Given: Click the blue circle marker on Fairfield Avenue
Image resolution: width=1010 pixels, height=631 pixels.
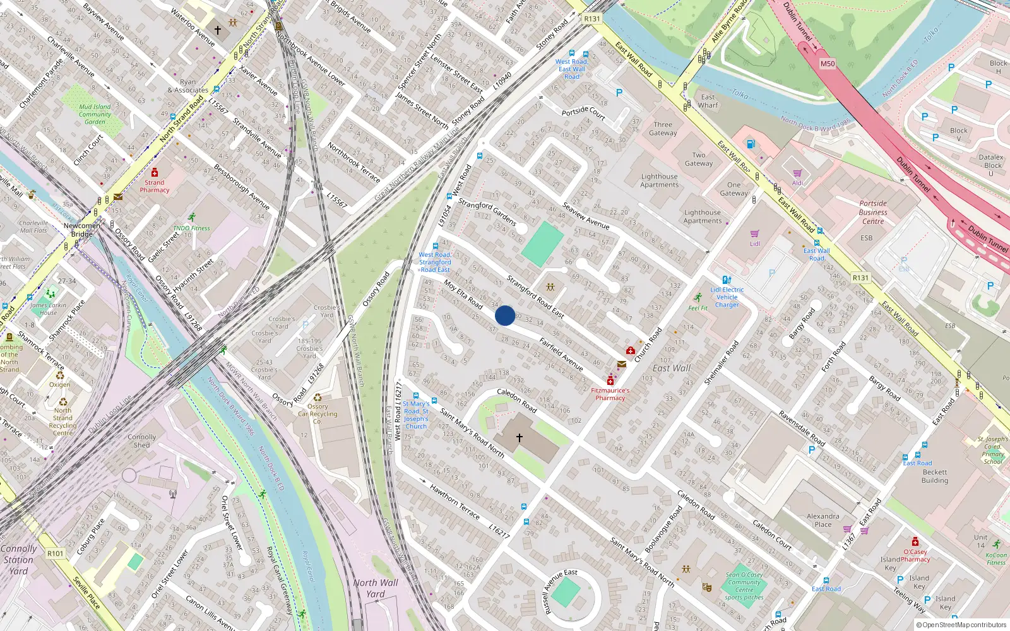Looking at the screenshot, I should click(x=504, y=315).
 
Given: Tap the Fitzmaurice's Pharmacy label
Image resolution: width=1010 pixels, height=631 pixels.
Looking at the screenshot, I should click(x=610, y=394).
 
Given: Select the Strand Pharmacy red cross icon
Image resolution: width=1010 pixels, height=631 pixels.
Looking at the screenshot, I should click(x=155, y=173).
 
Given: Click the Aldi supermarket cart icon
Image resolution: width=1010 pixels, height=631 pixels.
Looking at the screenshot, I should click(x=797, y=173).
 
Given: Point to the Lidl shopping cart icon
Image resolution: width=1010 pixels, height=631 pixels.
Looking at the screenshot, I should click(x=754, y=233).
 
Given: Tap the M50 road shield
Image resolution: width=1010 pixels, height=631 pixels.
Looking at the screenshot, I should click(x=827, y=64).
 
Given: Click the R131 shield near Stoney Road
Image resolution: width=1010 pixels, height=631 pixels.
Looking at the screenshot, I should click(x=591, y=19).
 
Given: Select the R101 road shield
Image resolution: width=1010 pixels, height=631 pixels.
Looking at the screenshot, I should click(x=56, y=553).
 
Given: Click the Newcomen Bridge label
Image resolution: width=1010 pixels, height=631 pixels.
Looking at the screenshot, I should click(x=81, y=230).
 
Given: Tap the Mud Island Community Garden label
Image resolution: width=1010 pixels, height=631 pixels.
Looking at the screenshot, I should click(x=95, y=114).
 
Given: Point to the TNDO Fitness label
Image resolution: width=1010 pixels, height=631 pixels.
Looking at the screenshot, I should click(x=191, y=228).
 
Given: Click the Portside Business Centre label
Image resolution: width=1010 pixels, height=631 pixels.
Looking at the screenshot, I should click(x=873, y=212).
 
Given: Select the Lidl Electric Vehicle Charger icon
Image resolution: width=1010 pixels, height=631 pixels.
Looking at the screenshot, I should click(x=727, y=280).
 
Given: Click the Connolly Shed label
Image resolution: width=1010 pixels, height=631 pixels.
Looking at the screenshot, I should click(x=141, y=440).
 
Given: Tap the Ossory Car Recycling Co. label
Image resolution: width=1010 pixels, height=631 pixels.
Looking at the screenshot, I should click(x=318, y=414).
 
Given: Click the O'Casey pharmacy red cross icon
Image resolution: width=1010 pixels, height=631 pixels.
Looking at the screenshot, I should click(x=915, y=541).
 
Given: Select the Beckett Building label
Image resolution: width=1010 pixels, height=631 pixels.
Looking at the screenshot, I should click(x=934, y=476).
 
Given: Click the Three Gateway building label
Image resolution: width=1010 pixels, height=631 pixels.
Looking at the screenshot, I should click(x=663, y=129).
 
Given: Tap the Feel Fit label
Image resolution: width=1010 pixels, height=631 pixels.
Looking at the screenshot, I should click(x=698, y=308).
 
